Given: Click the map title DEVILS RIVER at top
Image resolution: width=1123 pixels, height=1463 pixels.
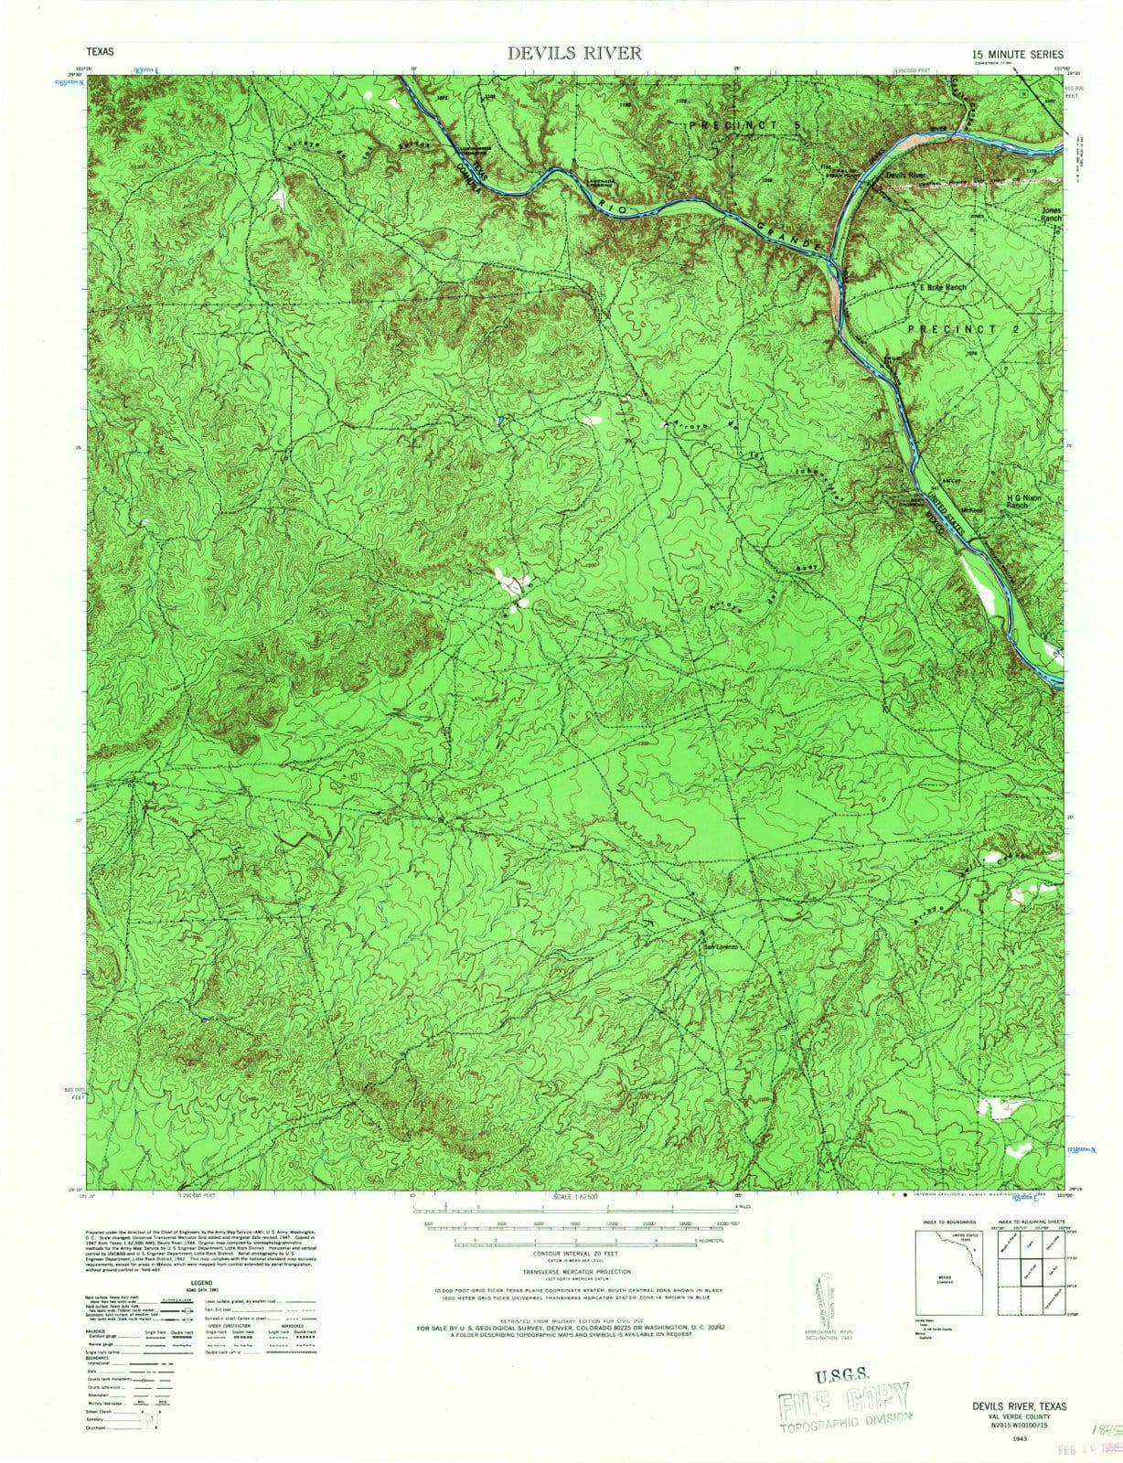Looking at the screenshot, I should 574,53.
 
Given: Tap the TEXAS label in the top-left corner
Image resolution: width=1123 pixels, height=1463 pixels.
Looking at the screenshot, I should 100,53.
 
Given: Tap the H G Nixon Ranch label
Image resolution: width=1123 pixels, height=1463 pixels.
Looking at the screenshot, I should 1023,501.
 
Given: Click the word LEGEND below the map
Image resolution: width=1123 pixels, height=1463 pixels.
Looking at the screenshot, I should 200,1284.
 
